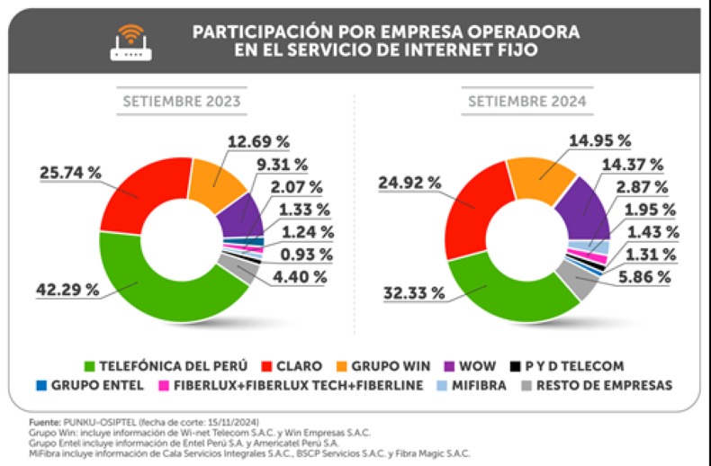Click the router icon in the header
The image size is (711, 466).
tap(130, 40)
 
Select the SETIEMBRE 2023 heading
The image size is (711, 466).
tap(182, 102)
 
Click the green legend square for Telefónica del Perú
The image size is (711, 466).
tap(90, 366)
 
